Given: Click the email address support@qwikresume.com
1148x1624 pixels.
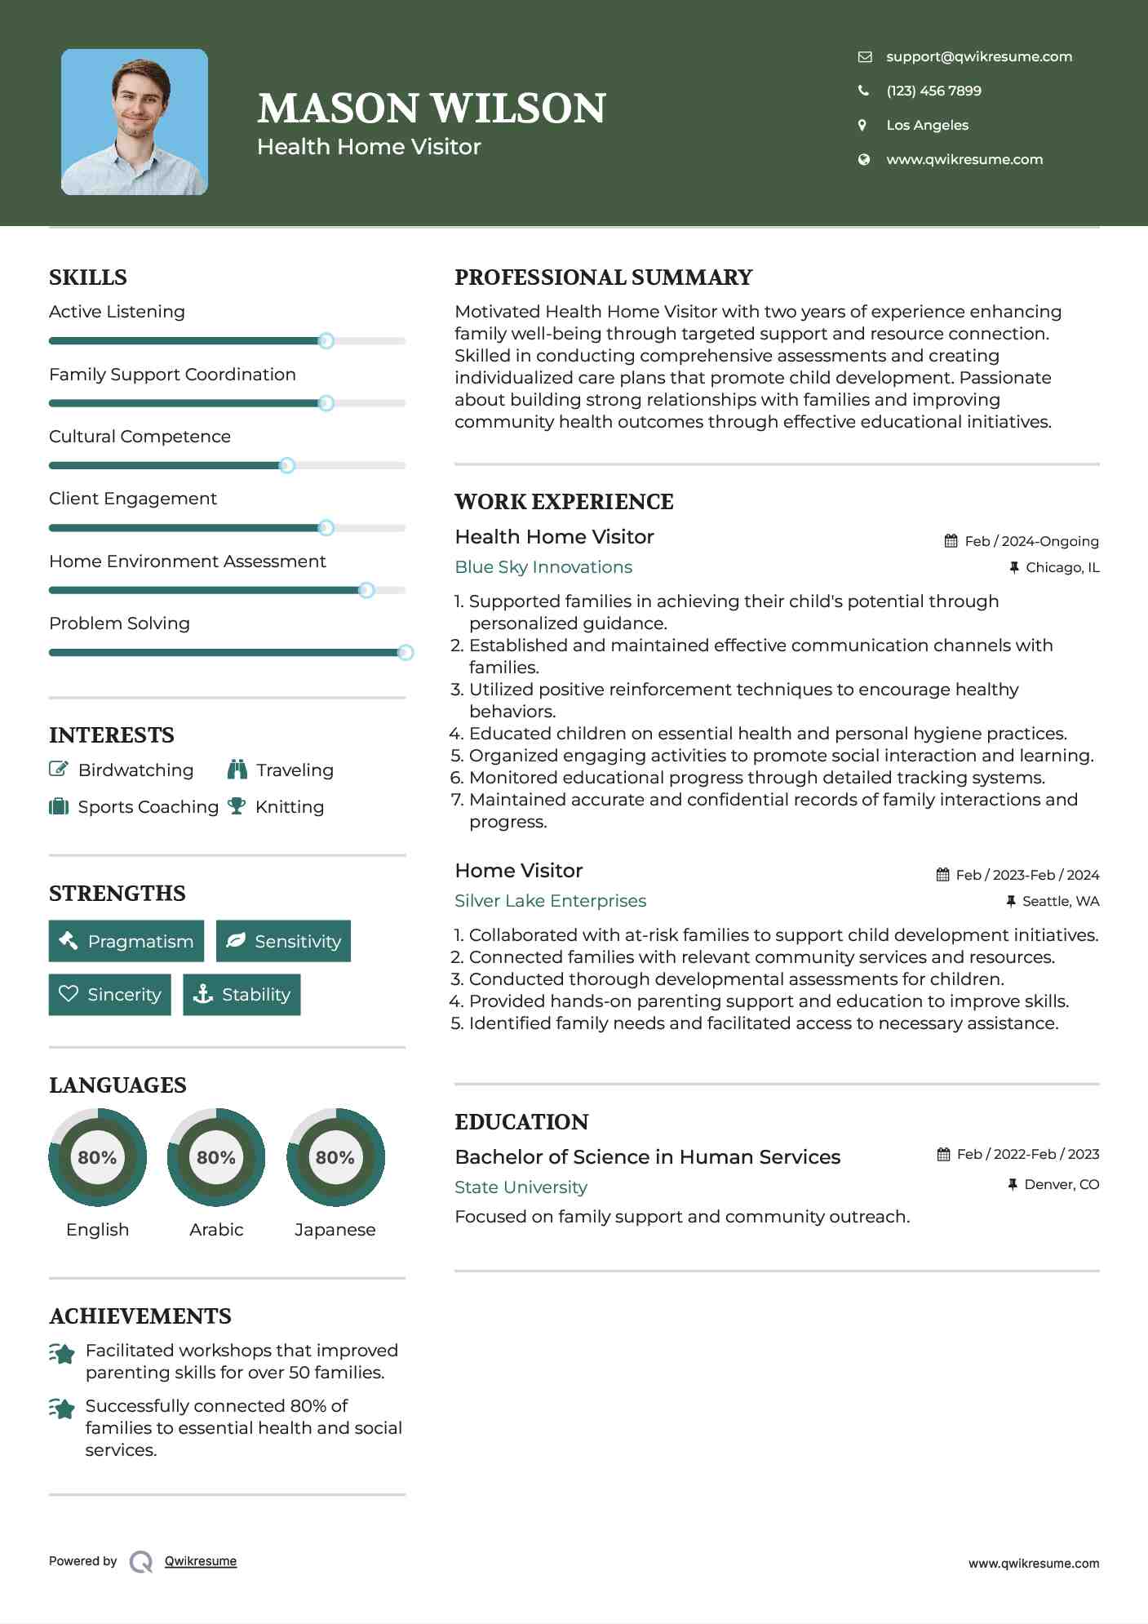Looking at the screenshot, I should coord(978,56).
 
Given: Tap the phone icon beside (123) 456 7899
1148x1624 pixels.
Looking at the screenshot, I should coord(863,91).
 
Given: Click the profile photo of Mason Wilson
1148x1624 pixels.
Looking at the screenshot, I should coord(135,122).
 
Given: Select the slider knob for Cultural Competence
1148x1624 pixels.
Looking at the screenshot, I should coord(286,465).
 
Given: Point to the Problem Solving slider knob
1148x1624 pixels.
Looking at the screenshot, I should coord(405,652).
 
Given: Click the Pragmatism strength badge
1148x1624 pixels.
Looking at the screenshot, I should coord(126,941).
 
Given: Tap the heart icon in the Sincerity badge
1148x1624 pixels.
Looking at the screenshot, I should coord(69,994).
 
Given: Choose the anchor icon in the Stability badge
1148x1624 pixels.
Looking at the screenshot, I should coord(202,994).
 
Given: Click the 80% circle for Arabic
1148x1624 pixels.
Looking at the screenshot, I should coord(216,1157).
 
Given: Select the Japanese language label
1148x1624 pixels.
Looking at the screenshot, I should coord(335,1229).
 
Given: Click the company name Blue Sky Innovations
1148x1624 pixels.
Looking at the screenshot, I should coord(543,567).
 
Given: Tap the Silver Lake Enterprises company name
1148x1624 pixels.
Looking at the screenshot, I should coord(550,901).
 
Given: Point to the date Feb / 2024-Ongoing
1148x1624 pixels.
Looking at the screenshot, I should coord(1031,541).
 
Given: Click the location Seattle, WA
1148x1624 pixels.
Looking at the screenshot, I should coord(1060,901).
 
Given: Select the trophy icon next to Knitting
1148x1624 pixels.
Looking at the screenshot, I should coord(237,806).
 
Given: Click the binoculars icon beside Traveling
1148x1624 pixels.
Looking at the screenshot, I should coord(237,770).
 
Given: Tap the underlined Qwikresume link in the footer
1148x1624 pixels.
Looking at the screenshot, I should coord(201,1561).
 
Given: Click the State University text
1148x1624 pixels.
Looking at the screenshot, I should coord(521,1187).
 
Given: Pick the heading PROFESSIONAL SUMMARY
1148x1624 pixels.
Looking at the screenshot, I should coord(603,277).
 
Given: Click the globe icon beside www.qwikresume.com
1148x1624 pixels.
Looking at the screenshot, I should coord(863,159).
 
